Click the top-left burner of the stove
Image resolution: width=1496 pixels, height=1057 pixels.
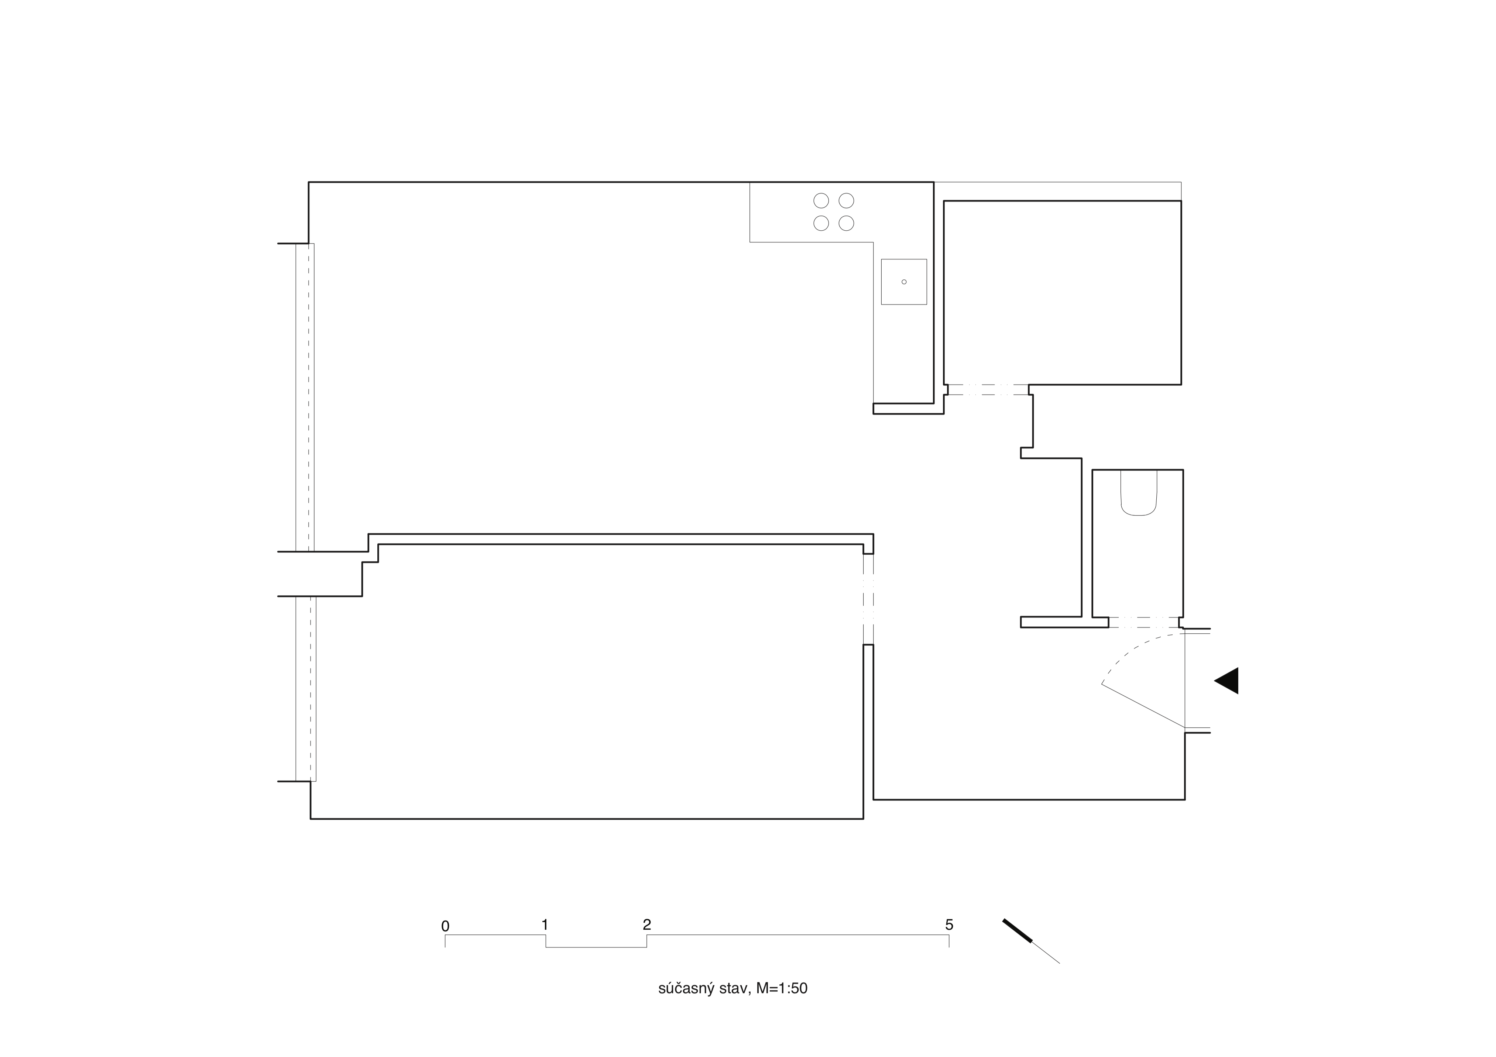tap(821, 201)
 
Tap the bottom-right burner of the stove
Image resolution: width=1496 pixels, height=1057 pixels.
tap(846, 223)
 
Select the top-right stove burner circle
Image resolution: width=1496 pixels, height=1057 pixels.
tap(846, 201)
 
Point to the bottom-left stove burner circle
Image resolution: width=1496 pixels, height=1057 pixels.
tap(821, 223)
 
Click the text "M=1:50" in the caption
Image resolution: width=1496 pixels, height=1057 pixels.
tap(782, 989)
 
